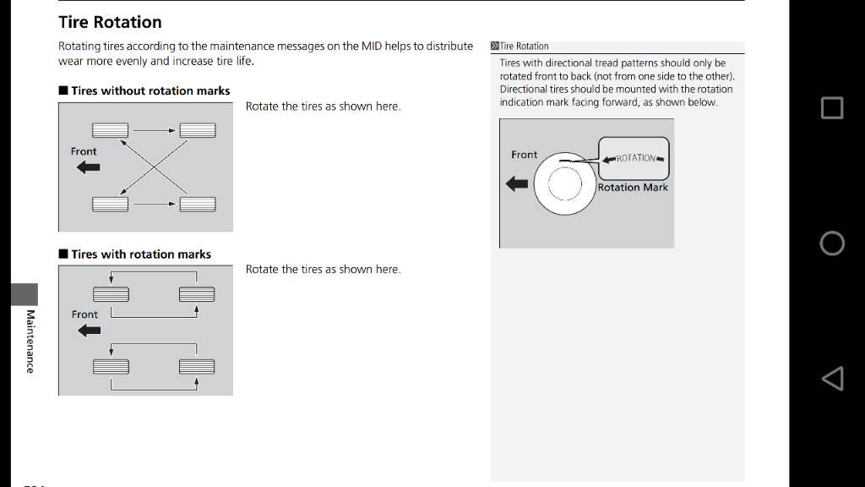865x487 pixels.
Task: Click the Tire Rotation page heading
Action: click(x=110, y=22)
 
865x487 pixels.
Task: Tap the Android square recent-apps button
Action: click(x=831, y=107)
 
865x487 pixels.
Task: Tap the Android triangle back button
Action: click(x=832, y=378)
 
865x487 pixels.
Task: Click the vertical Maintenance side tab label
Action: click(x=30, y=342)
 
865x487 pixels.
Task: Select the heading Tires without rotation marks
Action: click(x=150, y=90)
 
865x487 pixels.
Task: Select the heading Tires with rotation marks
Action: click(x=140, y=254)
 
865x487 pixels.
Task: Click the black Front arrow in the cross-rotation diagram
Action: click(x=87, y=167)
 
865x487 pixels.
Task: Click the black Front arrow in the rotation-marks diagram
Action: click(x=88, y=331)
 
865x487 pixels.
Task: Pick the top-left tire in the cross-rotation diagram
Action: click(x=110, y=130)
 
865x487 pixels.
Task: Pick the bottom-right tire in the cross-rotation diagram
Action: click(x=197, y=204)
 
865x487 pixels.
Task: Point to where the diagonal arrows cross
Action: click(x=155, y=167)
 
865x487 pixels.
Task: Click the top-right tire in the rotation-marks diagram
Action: click(x=196, y=293)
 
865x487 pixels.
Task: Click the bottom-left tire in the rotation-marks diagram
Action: click(x=111, y=366)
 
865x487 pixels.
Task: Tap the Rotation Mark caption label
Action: click(x=632, y=188)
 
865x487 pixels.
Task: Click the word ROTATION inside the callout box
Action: click(x=635, y=158)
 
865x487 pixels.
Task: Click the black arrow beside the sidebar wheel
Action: click(x=517, y=183)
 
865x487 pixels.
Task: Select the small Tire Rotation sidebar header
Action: click(x=524, y=47)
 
